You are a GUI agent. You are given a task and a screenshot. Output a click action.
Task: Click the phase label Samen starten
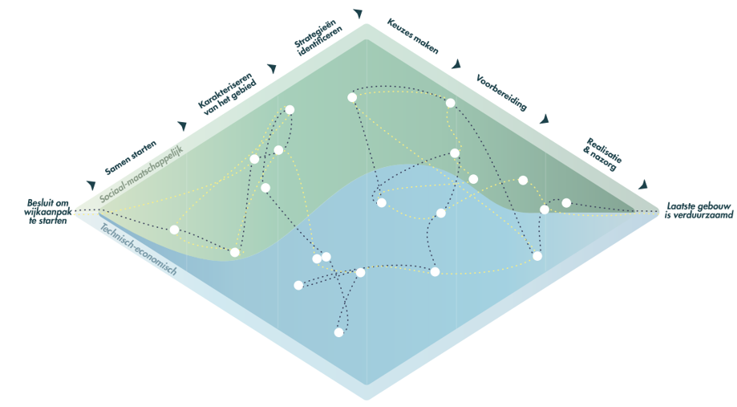coord(130,157)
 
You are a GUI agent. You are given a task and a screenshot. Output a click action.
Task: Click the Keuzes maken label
coord(412,35)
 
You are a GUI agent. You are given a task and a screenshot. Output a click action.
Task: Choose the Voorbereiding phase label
coord(501,92)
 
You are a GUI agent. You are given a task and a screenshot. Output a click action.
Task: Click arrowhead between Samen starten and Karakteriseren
coord(182,126)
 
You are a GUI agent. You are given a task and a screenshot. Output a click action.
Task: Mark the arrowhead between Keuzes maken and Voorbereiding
coord(456,64)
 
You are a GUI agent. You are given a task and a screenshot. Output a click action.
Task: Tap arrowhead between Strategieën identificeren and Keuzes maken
coord(358,14)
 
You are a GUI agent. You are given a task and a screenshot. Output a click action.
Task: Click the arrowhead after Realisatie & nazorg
coord(643,185)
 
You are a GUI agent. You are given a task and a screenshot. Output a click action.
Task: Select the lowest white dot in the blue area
coord(339,332)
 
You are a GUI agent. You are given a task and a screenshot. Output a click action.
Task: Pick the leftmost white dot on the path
coord(175,230)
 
